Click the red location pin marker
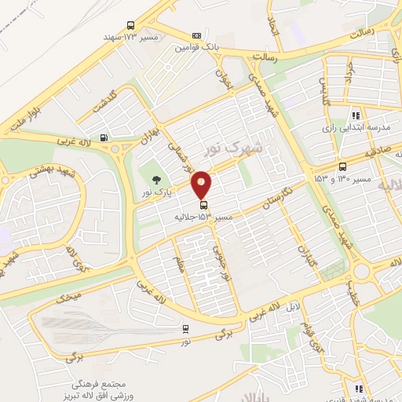click(x=202, y=185)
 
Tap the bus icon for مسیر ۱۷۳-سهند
click(x=130, y=25)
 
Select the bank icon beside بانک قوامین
click(x=196, y=35)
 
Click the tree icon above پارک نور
click(x=156, y=180)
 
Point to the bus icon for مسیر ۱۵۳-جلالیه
click(x=205, y=206)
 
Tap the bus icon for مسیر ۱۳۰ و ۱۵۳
click(x=342, y=166)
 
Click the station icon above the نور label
click(x=185, y=329)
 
